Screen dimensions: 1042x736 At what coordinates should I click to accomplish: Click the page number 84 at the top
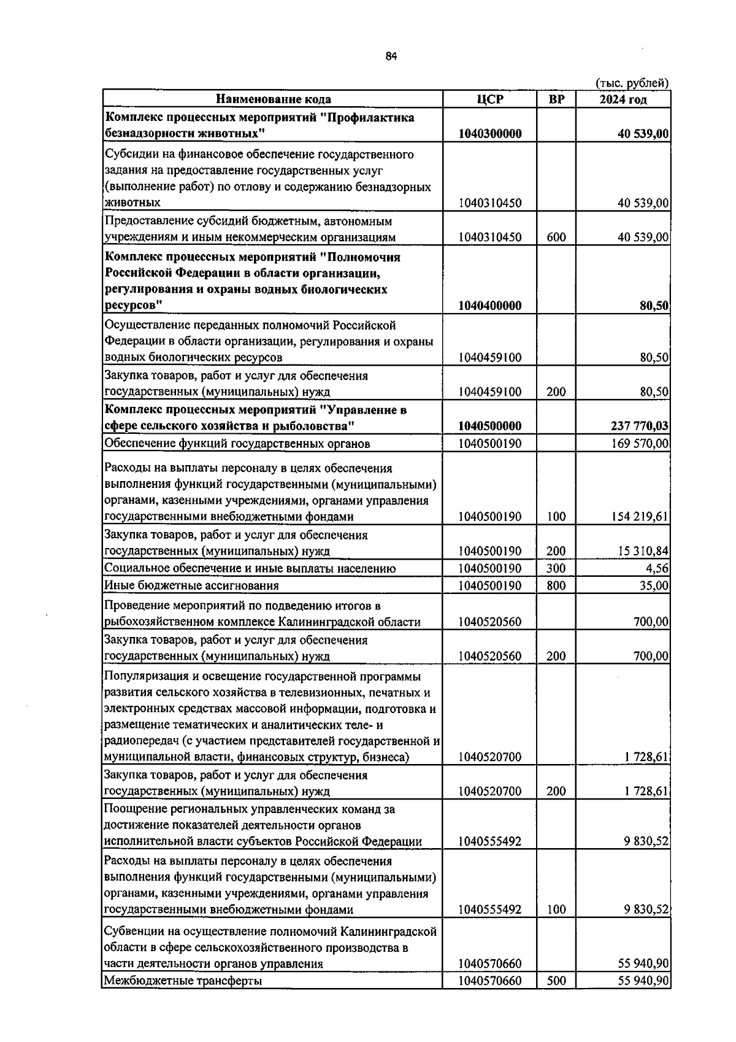pyautogui.click(x=391, y=56)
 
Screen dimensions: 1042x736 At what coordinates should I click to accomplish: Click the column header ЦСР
pyautogui.click(x=489, y=99)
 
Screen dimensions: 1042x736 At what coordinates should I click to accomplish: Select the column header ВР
pyautogui.click(x=556, y=99)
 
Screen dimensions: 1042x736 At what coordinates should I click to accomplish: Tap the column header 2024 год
pyautogui.click(x=623, y=99)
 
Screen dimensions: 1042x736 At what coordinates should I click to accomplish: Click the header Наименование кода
pyautogui.click(x=273, y=99)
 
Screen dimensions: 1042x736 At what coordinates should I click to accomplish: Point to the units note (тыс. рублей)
pyautogui.click(x=632, y=83)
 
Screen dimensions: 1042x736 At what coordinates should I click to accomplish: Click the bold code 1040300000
pyautogui.click(x=489, y=134)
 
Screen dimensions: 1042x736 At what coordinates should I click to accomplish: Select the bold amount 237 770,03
pyautogui.click(x=637, y=426)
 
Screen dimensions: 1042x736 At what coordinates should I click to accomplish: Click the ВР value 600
pyautogui.click(x=556, y=237)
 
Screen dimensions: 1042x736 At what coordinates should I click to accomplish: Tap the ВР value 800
pyautogui.click(x=556, y=586)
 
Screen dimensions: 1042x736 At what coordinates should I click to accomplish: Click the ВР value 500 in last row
pyautogui.click(x=556, y=981)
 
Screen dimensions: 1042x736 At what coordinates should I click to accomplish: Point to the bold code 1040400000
pyautogui.click(x=489, y=306)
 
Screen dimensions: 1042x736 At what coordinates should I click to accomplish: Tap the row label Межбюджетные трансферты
pyautogui.click(x=183, y=981)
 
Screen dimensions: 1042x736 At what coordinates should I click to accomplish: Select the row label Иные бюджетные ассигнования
pyautogui.click(x=191, y=586)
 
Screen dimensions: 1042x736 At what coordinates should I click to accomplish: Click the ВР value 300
pyautogui.click(x=556, y=568)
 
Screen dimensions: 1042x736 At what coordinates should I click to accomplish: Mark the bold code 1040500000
pyautogui.click(x=489, y=426)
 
